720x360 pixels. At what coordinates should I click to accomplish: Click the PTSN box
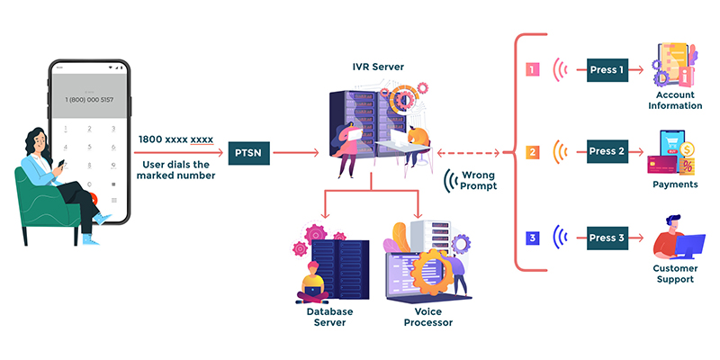[247, 153]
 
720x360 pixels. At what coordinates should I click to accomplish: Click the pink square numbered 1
[532, 68]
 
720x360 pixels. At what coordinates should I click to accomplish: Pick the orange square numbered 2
[532, 152]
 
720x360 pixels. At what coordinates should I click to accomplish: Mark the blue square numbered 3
[532, 238]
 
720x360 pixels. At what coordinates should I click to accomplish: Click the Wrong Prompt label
[478, 180]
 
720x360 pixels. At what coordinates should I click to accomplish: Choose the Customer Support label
[674, 274]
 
